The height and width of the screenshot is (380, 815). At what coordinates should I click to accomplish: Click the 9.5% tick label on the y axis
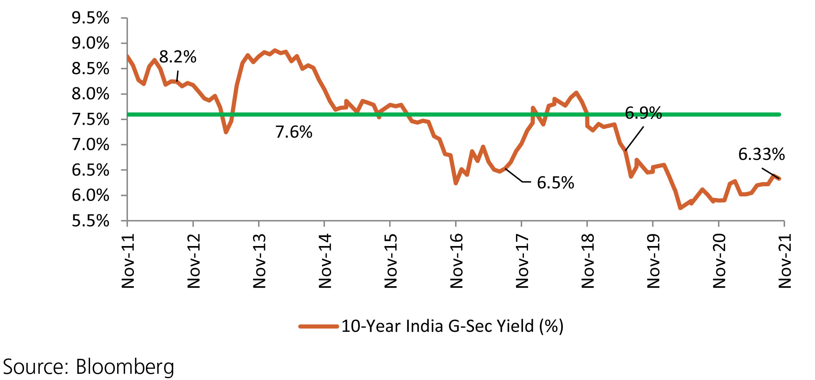90,18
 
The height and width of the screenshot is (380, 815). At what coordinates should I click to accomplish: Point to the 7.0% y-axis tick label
90,145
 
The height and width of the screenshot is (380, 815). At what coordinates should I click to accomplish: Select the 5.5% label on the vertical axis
90,221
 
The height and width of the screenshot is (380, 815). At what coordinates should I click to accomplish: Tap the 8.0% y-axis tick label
90,94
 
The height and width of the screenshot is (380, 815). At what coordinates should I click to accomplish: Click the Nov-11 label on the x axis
128,261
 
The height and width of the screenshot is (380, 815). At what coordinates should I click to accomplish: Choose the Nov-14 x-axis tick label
325,261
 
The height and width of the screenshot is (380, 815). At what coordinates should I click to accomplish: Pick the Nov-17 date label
522,261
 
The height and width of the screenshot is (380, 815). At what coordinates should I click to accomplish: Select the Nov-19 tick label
653,261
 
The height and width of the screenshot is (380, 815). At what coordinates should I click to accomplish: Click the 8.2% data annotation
178,57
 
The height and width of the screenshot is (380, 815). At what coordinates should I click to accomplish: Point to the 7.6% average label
294,132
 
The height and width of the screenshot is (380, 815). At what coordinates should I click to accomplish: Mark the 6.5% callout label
555,183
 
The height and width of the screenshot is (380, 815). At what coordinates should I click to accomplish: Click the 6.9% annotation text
643,113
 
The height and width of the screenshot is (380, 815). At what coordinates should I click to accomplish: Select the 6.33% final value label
761,154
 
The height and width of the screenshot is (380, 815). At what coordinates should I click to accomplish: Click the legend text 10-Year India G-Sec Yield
452,326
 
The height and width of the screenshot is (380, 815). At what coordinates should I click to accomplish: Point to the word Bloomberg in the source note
125,367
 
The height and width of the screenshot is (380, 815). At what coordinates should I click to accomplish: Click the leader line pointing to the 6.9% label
634,138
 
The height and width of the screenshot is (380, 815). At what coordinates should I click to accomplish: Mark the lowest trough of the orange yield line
680,208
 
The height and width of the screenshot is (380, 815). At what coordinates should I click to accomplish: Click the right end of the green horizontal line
779,115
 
